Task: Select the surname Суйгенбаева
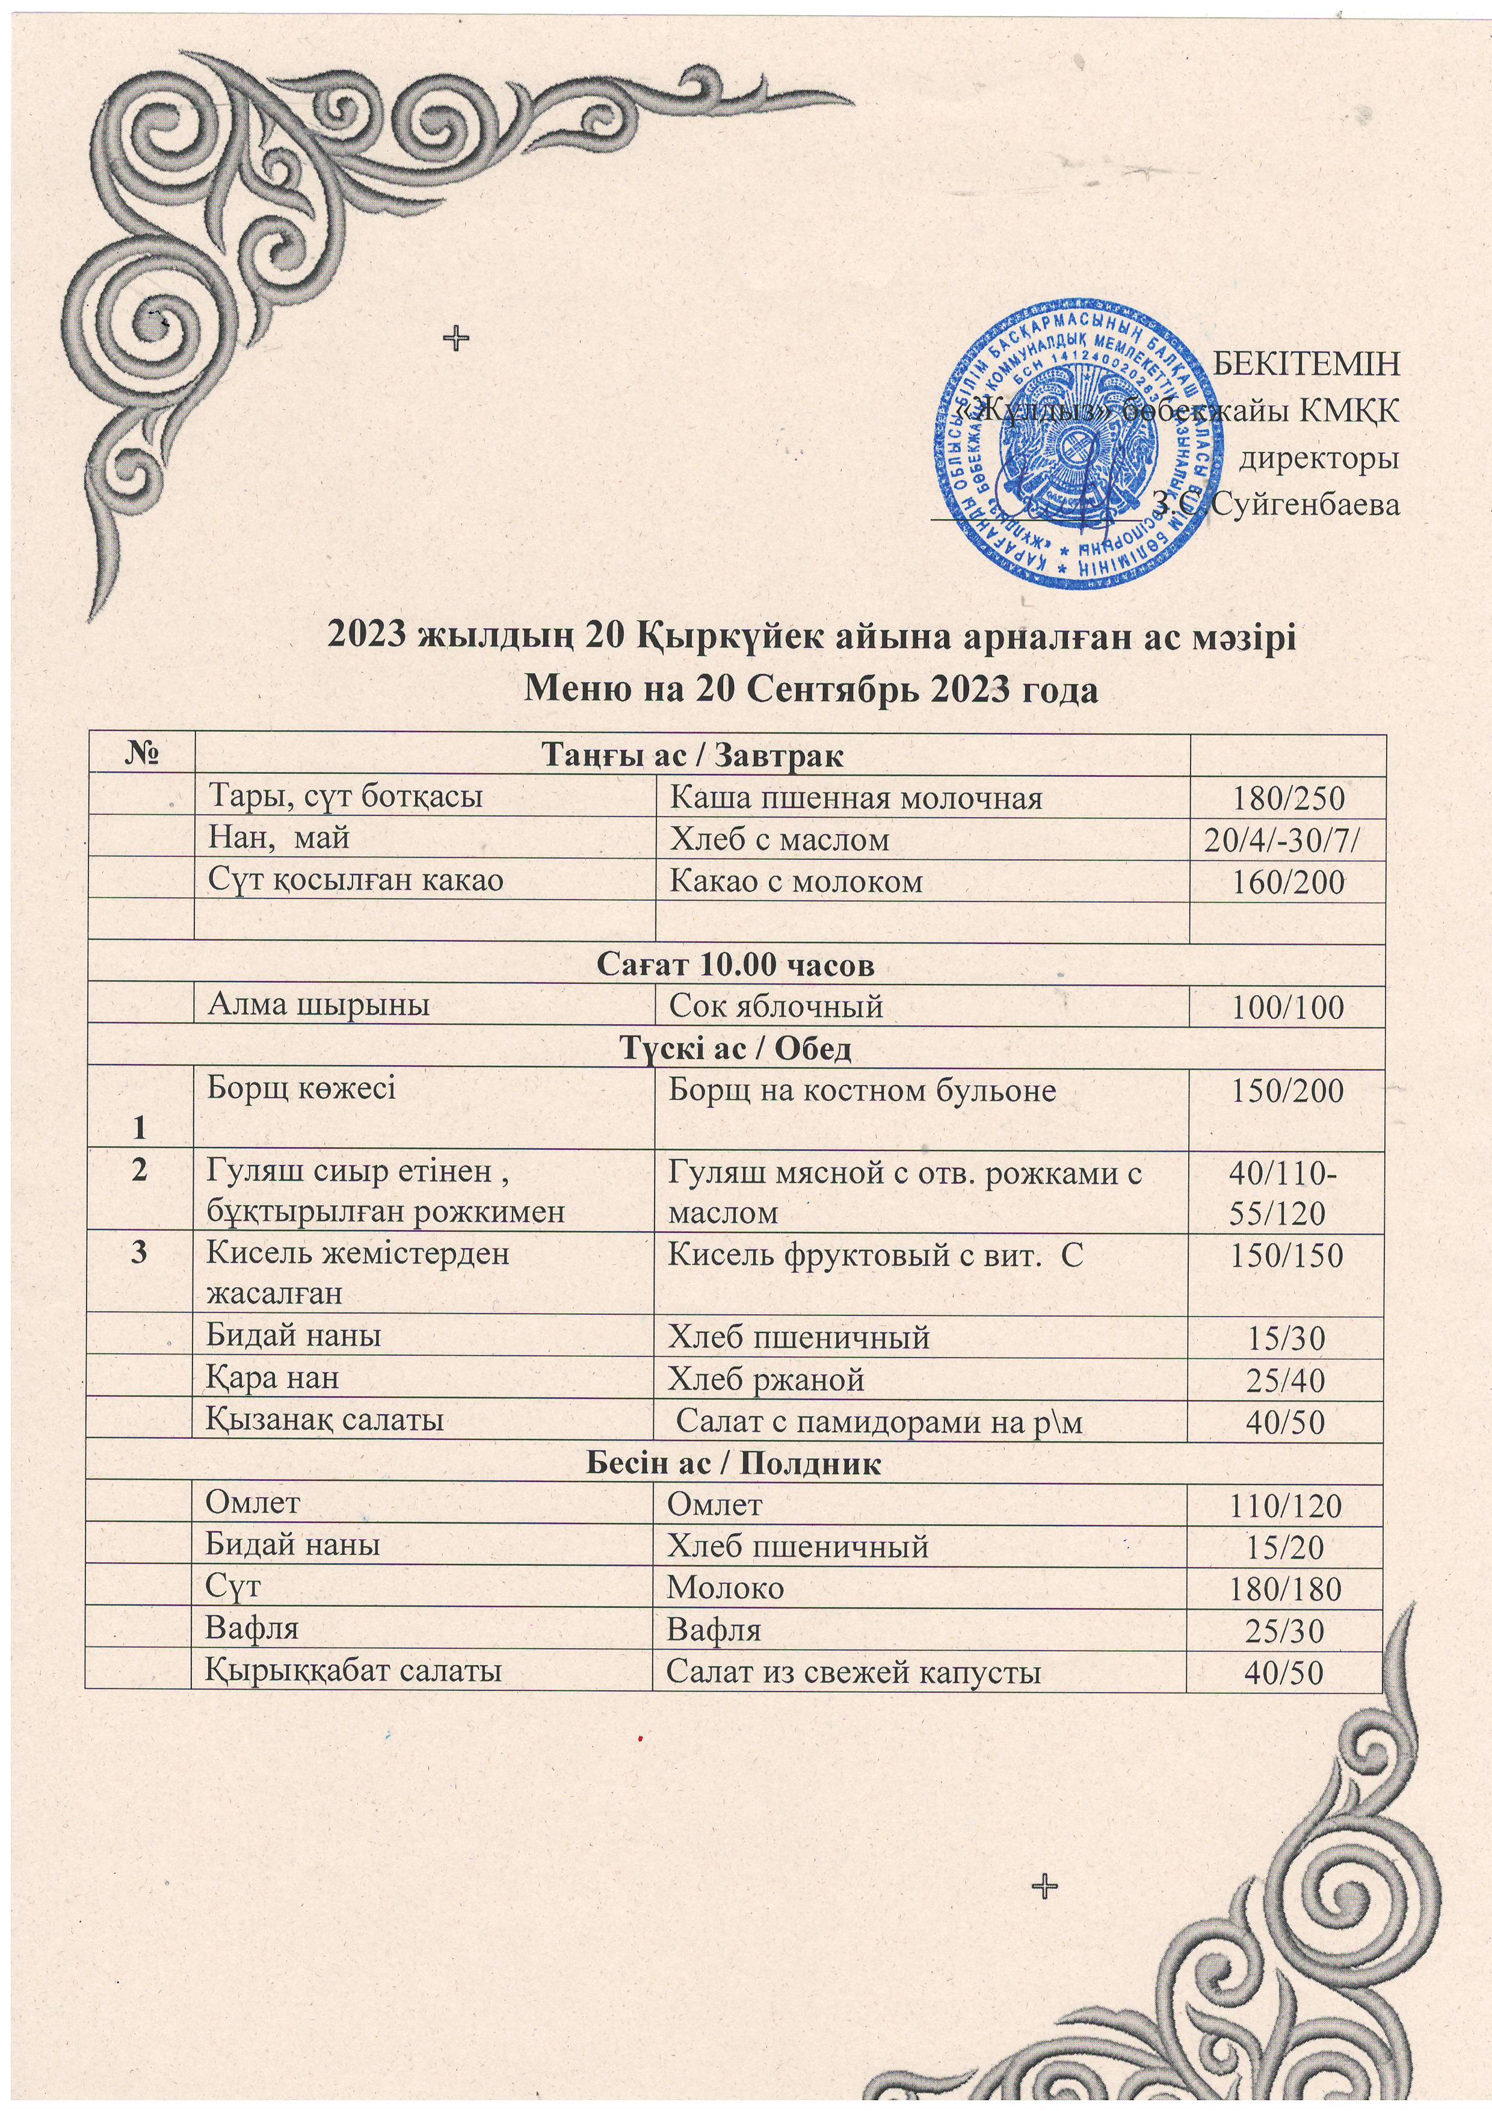tap(1306, 504)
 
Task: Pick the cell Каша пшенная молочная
tap(855, 798)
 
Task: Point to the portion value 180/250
tap(1287, 798)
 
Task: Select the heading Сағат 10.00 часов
tap(735, 965)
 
